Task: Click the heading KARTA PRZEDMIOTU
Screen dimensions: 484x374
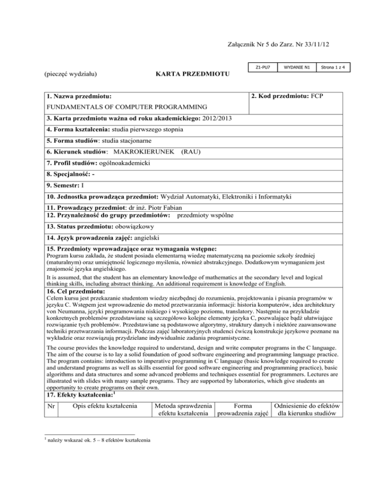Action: (189, 75)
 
